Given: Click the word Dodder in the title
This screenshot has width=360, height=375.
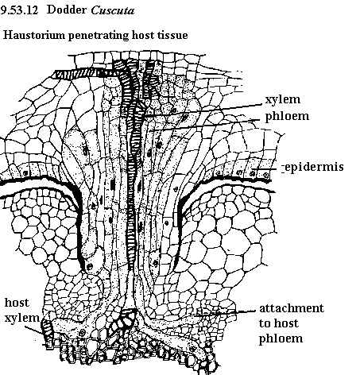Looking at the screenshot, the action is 67,10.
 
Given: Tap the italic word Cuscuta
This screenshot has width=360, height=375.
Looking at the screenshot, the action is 113,10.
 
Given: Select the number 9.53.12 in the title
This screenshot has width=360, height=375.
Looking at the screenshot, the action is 19,10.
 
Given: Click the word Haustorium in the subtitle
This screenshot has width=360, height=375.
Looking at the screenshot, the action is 34,35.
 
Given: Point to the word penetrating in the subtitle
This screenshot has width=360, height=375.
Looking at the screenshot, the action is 99,36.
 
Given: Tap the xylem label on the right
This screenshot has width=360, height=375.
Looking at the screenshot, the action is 283,99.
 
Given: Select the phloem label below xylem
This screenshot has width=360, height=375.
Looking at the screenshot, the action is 287,117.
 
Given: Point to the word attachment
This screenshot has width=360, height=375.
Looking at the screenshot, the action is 292,308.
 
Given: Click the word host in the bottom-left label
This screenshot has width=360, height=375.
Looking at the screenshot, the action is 17,303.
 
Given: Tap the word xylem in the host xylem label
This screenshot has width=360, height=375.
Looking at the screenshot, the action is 22,318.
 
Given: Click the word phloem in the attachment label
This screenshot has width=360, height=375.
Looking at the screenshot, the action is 281,339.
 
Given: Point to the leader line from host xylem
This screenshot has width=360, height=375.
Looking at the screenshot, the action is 33,331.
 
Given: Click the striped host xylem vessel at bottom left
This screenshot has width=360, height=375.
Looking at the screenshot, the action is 48,334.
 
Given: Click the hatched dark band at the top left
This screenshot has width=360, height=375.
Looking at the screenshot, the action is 77,74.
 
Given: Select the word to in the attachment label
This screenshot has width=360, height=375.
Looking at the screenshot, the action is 265,323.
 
